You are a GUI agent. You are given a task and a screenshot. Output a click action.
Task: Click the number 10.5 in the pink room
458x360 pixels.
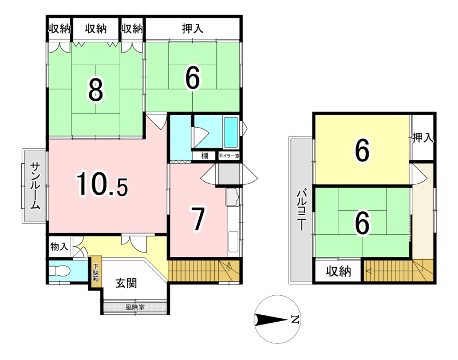pyautogui.click(x=102, y=185)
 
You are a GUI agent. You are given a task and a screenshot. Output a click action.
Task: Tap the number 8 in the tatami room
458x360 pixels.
pyautogui.click(x=96, y=90)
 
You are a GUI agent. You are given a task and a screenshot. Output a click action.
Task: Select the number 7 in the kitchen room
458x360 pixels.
pyautogui.click(x=198, y=219)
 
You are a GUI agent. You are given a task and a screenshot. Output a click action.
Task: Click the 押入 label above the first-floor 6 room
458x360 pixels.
pyautogui.click(x=192, y=29)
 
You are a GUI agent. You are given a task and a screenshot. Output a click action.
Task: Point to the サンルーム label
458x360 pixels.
pyautogui.click(x=35, y=186)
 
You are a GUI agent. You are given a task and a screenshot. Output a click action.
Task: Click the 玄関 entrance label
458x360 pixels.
pyautogui.click(x=126, y=283)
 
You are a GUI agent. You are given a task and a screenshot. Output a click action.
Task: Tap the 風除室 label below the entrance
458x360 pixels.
pyautogui.click(x=135, y=307)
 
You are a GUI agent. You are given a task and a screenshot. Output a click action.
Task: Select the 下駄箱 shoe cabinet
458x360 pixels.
pyautogui.click(x=96, y=272)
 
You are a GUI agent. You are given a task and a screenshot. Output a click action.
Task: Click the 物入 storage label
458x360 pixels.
pyautogui.click(x=60, y=247)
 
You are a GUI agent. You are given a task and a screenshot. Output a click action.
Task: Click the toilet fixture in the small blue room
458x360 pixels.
pyautogui.click(x=60, y=271)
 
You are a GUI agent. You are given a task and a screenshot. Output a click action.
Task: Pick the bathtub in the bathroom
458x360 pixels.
pyautogui.click(x=231, y=132)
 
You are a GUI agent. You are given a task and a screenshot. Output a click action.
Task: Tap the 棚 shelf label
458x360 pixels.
pyautogui.click(x=204, y=156)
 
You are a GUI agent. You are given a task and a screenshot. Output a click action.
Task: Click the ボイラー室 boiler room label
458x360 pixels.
pyautogui.click(x=229, y=156)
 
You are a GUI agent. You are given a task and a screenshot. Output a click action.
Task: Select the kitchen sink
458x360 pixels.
pyautogui.click(x=233, y=197)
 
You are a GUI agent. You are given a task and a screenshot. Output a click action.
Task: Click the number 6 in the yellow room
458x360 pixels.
pyautogui.click(x=362, y=151)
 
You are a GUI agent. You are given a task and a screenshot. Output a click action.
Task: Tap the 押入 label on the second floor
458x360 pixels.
pyautogui.click(x=423, y=138)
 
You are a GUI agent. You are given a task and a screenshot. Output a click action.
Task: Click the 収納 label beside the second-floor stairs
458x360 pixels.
pyautogui.click(x=338, y=271)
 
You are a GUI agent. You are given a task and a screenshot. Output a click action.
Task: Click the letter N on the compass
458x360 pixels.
pyautogui.click(x=295, y=319)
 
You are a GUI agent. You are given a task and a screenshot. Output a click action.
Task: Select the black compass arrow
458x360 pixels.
pyautogui.click(x=270, y=319)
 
